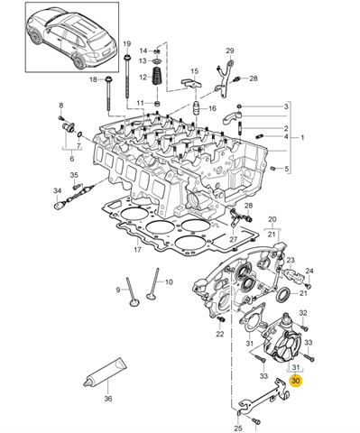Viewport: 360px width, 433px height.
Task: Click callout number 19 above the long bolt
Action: coord(126,44)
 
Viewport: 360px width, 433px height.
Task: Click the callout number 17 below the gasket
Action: coord(137,250)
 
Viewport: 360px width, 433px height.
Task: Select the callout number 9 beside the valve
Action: coord(116,290)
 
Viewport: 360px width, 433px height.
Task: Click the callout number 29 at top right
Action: coord(230,51)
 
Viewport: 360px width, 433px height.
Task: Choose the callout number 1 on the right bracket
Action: coord(302,138)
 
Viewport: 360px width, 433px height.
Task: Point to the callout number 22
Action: coord(219,334)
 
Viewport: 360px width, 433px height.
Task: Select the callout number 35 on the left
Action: coord(75,175)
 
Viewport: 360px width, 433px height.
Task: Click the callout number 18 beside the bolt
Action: coord(93,80)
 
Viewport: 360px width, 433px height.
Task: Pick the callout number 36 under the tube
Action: coord(108,398)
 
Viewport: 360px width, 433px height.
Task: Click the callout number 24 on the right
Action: coord(309,271)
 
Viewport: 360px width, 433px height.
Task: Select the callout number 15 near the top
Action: coord(194,70)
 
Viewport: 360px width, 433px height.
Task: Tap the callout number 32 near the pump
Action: coord(303,314)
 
